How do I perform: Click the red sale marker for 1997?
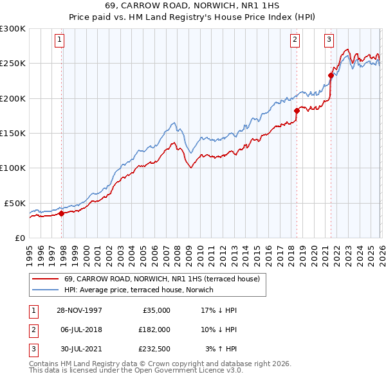[62, 214]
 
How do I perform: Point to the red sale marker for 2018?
[297, 110]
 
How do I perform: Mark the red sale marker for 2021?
[331, 75]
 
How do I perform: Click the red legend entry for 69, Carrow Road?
[161, 279]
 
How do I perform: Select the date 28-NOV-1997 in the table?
[79, 310]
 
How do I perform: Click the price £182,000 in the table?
[154, 329]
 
